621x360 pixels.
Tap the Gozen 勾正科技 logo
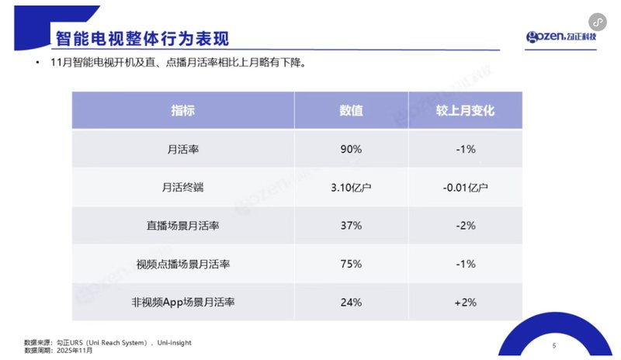563,37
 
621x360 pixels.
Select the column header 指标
183,110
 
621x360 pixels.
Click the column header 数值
351,110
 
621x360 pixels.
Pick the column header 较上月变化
466,110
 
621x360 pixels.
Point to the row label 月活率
183,148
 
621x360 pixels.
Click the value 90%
351,148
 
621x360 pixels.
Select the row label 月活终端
183,187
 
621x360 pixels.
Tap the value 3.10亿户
351,187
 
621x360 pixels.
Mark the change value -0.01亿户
466,187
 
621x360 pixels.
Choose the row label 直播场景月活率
183,225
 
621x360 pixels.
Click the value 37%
351,225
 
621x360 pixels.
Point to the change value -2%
466,225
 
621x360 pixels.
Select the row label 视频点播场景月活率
183,264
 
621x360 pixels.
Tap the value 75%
351,264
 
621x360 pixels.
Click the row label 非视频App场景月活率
183,302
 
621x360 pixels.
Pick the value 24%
351,302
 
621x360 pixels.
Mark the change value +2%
466,302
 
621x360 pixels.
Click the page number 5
553,345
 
